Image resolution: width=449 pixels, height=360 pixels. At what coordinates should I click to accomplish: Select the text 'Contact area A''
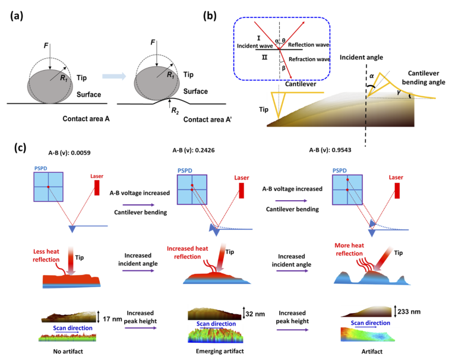point(191,119)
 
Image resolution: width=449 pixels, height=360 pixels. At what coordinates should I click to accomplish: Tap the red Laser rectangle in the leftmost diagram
point(95,188)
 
